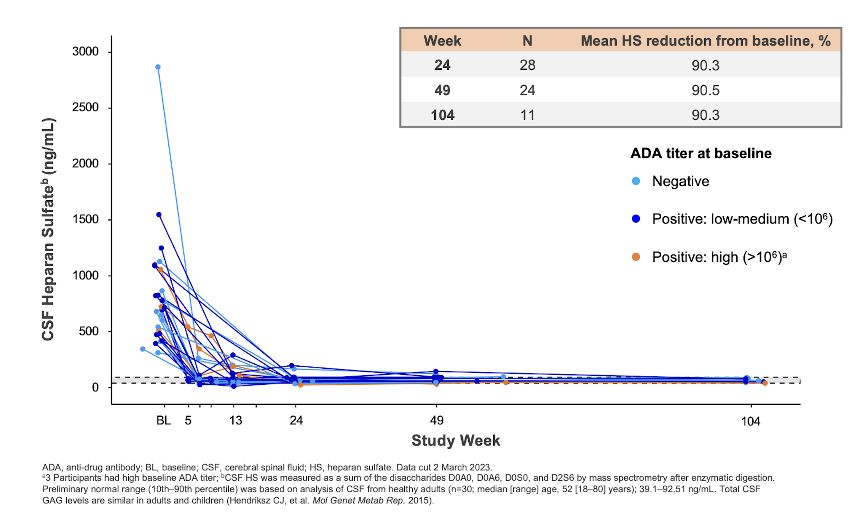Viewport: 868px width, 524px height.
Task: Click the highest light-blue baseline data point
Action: [x=158, y=67]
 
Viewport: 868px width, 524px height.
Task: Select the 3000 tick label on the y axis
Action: [x=85, y=51]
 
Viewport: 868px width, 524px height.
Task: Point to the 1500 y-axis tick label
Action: [x=85, y=219]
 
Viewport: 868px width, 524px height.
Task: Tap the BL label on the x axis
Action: [x=163, y=420]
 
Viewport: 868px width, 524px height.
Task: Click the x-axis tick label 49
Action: [x=436, y=420]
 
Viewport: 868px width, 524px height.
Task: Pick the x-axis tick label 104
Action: [x=751, y=421]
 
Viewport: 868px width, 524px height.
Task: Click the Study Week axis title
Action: [x=455, y=440]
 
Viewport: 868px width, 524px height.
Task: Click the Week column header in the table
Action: [x=442, y=41]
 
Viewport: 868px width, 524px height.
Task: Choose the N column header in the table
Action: [x=527, y=41]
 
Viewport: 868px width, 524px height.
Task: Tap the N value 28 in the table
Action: [x=527, y=65]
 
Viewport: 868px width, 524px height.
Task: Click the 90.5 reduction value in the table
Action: [x=705, y=90]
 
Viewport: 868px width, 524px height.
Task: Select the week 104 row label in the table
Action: [x=443, y=115]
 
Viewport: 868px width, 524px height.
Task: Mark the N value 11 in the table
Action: [x=527, y=115]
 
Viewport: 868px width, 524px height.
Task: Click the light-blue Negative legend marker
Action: [x=636, y=181]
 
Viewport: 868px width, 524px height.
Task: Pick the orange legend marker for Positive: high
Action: [x=636, y=257]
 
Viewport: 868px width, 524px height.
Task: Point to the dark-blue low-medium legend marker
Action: [x=636, y=219]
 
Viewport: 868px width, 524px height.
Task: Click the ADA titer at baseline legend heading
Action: [x=701, y=153]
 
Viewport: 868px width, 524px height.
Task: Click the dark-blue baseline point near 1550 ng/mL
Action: [x=159, y=215]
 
